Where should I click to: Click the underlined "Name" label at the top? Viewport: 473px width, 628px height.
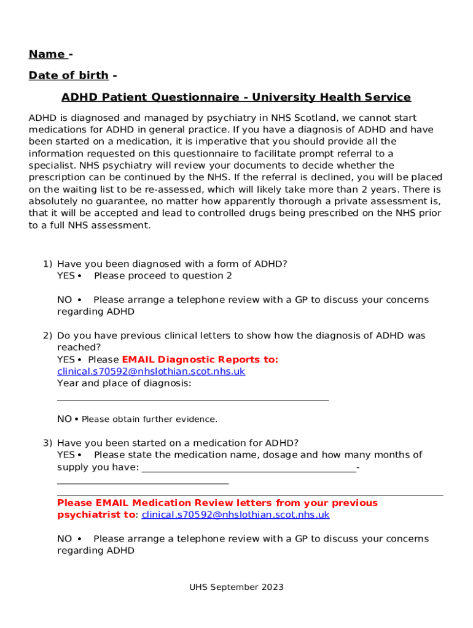[x=47, y=55]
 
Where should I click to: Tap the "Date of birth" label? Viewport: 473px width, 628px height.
[x=68, y=75]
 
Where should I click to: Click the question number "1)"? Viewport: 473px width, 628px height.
[x=47, y=264]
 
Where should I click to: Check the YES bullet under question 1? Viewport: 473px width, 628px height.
[x=80, y=276]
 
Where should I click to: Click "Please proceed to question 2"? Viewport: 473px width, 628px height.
[x=163, y=276]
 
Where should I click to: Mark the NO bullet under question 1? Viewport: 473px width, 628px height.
[x=80, y=300]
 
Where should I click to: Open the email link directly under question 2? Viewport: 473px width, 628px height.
[x=150, y=372]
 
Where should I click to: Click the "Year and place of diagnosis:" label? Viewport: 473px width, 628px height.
[x=124, y=384]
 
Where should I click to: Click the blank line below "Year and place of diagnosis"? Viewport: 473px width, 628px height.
[x=192, y=400]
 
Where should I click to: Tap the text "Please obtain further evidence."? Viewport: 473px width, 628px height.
[x=149, y=419]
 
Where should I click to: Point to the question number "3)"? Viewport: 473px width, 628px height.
[x=47, y=443]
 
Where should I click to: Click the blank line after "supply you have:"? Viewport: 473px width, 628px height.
[x=249, y=471]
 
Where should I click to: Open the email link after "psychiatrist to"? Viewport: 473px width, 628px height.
[x=235, y=515]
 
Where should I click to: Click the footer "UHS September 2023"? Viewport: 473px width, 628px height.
[x=236, y=588]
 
